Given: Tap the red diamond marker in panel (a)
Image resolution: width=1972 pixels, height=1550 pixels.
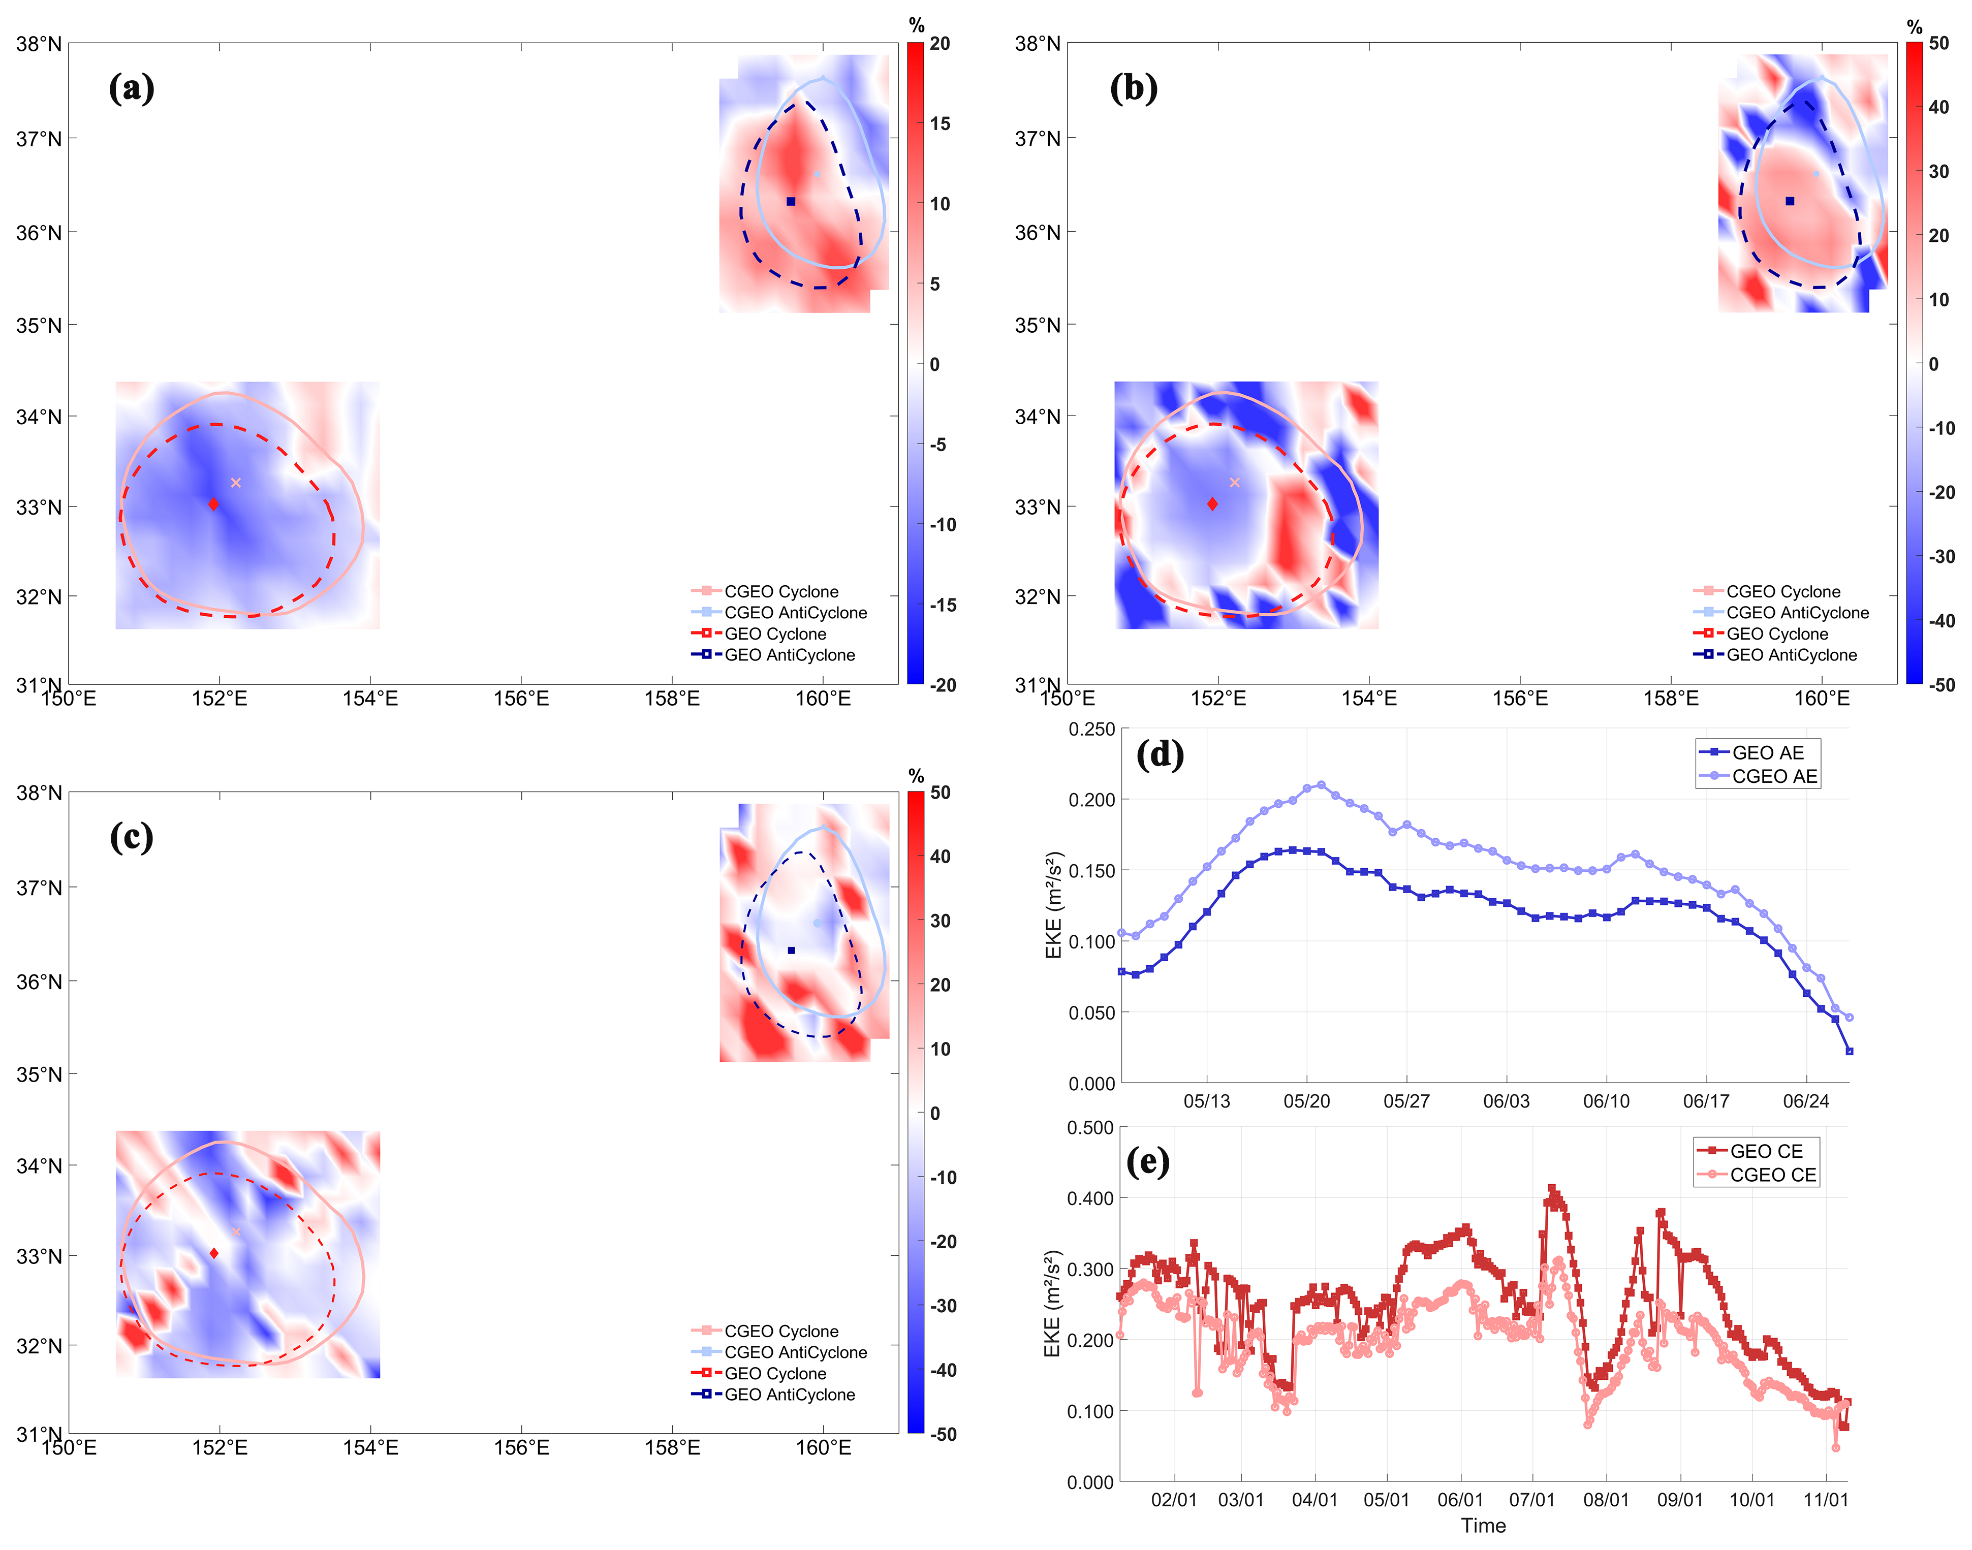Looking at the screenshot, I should click(x=213, y=503).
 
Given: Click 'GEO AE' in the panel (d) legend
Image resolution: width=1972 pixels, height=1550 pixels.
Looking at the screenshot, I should click(x=1767, y=752).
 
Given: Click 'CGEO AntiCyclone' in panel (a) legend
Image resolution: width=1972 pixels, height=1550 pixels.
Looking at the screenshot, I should click(x=795, y=613).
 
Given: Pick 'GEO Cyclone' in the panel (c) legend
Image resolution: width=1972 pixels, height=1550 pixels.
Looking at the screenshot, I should click(x=775, y=1373).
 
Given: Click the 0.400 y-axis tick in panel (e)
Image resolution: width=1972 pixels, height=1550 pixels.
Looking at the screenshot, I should click(x=1090, y=1198).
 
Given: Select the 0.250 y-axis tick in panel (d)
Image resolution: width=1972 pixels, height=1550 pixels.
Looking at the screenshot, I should click(x=1092, y=729).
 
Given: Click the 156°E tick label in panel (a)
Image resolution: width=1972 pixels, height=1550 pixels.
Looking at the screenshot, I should click(x=521, y=698).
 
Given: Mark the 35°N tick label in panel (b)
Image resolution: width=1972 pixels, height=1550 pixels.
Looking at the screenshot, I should click(x=1037, y=325).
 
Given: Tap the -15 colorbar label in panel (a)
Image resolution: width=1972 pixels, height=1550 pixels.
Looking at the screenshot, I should click(x=943, y=605).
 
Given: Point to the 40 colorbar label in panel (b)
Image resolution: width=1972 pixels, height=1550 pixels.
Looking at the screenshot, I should click(x=1938, y=107).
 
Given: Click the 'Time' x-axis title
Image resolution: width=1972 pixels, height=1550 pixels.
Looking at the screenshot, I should click(x=1483, y=1526).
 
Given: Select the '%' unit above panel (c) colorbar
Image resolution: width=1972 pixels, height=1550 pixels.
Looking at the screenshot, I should click(x=916, y=776).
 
